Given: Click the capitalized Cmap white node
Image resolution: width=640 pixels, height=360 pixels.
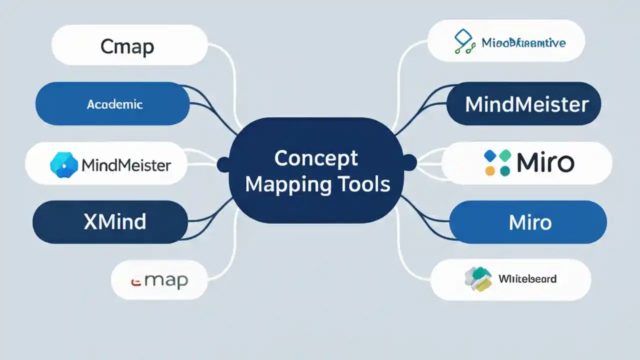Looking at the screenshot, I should tap(129, 46).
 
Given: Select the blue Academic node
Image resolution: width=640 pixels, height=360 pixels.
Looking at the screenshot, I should tap(112, 104).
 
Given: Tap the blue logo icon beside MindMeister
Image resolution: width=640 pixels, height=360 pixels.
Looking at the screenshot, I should tap(64, 165).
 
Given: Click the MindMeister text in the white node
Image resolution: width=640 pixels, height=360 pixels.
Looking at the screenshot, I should tap(125, 165).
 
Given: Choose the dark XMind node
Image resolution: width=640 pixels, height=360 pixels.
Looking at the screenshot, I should tap(110, 221).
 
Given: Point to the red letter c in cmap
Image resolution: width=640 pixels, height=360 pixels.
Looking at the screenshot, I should tap(135, 281).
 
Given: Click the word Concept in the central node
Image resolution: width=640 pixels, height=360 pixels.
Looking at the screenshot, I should tap(316, 158).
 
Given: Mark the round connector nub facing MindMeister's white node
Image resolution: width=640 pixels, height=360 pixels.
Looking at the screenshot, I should tap(223, 163).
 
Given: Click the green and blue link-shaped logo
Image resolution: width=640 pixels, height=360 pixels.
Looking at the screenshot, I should tap(464, 42).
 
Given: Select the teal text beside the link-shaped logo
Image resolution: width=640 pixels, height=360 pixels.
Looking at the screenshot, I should tap(523, 42).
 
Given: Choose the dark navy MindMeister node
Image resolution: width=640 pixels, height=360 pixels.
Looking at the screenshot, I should tap(523, 104).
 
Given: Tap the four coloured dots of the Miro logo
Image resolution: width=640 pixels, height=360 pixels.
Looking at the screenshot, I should tap(497, 163).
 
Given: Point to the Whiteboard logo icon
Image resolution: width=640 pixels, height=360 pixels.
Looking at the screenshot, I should tap(477, 279).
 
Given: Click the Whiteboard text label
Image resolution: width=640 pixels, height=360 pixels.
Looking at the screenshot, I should tap(527, 278).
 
